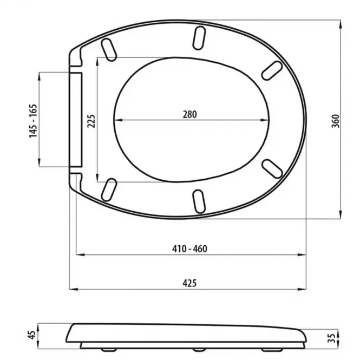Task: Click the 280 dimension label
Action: [189, 114]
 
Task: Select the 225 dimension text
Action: [91, 120]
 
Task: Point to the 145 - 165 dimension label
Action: [33, 120]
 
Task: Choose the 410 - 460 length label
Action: [189, 249]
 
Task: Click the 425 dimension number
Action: [189, 283]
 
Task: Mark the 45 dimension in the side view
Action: [32, 334]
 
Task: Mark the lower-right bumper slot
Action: [272, 168]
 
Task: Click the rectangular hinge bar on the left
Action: [76, 120]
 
